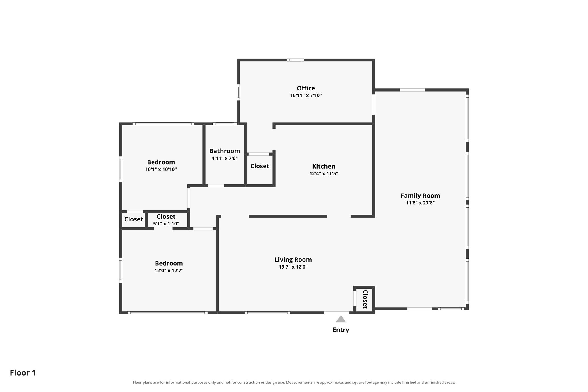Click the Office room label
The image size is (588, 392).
pos(306,88)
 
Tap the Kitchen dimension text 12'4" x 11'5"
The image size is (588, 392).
pos(324,173)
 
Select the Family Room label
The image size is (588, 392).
pos(420,196)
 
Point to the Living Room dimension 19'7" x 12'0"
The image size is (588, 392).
pos(293,267)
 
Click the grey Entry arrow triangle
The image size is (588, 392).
pos(341,319)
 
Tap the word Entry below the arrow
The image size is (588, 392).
pos(341,330)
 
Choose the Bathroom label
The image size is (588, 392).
pos(225,151)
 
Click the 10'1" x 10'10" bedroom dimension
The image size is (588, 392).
pos(161,169)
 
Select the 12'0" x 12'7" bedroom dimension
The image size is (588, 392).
pos(169,271)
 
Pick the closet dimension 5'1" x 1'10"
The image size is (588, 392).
pos(166,223)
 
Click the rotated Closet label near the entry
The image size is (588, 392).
pos(365,299)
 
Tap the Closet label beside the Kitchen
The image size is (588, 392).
pos(260,166)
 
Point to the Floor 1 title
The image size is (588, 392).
pos(23,373)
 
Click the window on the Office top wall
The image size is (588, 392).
pos(295,60)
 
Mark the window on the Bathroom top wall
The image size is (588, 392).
pos(225,124)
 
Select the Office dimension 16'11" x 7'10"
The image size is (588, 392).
pos(306,95)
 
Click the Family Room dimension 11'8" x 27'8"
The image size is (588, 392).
pos(420,203)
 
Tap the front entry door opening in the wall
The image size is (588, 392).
pos(337,313)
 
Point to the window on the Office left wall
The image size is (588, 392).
pos(238,92)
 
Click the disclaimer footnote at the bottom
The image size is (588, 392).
pos(294,382)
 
